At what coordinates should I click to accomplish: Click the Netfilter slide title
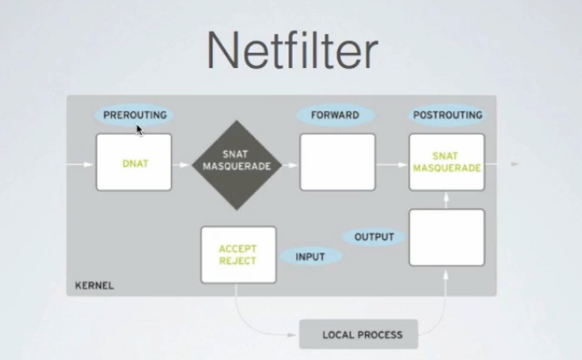(292, 50)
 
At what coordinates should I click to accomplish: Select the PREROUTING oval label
(134, 115)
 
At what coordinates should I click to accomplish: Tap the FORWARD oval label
(336, 115)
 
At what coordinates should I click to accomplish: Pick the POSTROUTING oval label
(448, 115)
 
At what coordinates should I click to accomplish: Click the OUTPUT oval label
(374, 236)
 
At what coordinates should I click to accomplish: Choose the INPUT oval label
(310, 257)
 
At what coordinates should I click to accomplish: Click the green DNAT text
(136, 163)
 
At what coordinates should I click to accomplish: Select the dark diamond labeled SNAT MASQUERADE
(237, 165)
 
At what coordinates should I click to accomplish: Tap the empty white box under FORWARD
(338, 162)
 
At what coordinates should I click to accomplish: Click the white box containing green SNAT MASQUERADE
(447, 162)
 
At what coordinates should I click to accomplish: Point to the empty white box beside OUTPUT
(447, 237)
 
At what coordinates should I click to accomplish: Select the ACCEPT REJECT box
(239, 255)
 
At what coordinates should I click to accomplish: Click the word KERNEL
(94, 285)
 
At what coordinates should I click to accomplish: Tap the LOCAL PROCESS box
(359, 334)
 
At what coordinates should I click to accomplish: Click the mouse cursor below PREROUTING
(139, 130)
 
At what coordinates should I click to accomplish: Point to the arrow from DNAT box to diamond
(181, 165)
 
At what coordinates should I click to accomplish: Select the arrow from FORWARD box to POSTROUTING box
(392, 165)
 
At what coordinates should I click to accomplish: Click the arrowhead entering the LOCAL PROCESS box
(293, 334)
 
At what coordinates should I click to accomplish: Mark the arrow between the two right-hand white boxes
(446, 200)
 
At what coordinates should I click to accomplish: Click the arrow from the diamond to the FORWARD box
(290, 165)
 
